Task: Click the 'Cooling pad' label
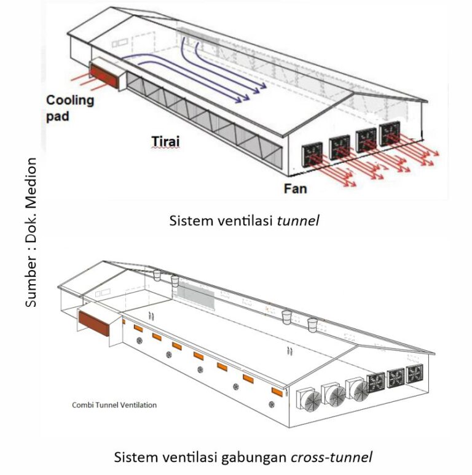tap(71, 107)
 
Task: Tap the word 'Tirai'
tap(165, 142)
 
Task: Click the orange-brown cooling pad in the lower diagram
tap(93, 323)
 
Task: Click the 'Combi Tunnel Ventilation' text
tap(114, 405)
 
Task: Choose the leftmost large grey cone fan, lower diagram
tap(309, 401)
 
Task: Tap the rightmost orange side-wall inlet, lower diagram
tap(276, 392)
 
